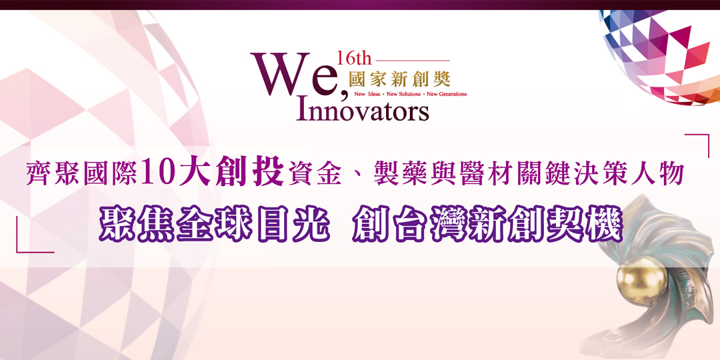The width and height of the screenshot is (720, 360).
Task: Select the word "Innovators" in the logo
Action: [363, 110]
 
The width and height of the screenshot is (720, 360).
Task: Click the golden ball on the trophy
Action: [641, 278]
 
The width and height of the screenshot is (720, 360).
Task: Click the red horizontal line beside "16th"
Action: [413, 60]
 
